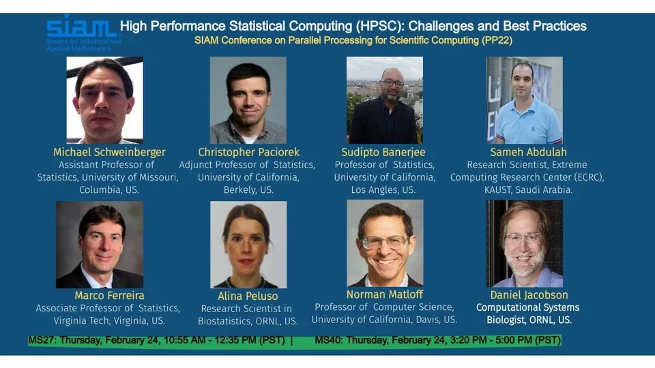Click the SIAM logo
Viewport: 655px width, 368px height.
pos(82,33)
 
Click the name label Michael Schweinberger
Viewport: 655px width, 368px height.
pos(109,152)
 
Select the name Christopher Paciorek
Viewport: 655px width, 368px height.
pos(248,152)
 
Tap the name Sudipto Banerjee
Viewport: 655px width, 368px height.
pos(383,152)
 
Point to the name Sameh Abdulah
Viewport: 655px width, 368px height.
pos(528,152)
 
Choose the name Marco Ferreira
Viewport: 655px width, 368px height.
pos(109,295)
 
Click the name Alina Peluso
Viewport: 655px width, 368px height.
pos(248,296)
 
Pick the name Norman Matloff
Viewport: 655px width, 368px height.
pos(385,294)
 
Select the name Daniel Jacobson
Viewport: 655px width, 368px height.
pos(529,295)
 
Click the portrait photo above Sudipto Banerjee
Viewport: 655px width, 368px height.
pos(385,100)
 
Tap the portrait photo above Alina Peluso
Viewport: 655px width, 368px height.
pos(248,245)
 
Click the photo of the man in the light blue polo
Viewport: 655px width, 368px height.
pos(524,100)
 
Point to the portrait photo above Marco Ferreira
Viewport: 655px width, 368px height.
pos(100,245)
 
